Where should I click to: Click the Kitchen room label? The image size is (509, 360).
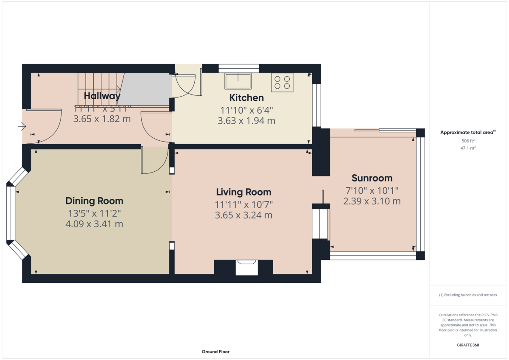246,98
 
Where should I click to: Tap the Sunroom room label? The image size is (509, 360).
372,178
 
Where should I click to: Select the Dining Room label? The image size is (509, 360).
94,201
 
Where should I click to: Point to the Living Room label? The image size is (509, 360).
243,192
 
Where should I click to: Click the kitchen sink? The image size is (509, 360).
238,81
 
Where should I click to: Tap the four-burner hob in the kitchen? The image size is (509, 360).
282,82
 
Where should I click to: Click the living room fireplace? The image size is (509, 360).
247,268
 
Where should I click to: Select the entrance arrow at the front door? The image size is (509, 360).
22,126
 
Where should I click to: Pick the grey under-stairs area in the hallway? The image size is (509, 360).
145,89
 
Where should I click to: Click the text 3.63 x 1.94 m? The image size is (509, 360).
246,120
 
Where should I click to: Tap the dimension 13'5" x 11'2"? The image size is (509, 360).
94,214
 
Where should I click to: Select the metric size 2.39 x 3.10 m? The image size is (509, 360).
372,201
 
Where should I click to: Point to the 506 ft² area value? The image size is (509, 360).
468,141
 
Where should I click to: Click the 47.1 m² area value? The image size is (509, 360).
468,148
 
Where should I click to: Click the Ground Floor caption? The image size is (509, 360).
215,352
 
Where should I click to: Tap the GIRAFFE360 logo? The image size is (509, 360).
468,345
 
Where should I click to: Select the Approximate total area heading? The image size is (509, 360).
468,132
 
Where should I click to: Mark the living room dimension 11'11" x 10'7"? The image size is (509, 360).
243,205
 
